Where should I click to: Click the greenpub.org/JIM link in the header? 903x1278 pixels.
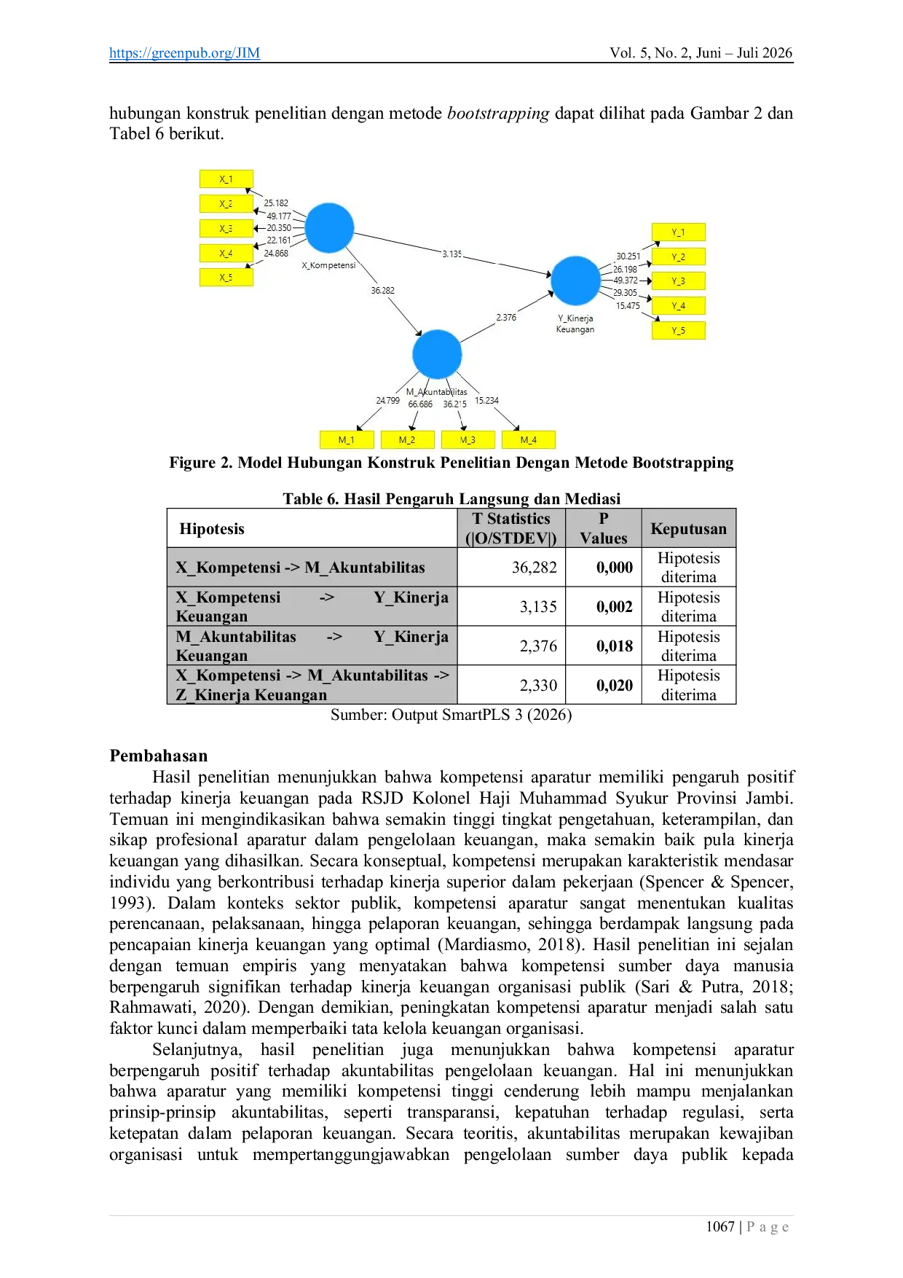184,52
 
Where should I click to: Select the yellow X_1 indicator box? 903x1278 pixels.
226,179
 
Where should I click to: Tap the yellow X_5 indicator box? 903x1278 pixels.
226,278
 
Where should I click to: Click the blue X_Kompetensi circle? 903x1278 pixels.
329,227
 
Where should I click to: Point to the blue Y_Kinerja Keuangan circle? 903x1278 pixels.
575,281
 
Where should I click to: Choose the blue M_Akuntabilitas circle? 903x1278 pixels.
437,354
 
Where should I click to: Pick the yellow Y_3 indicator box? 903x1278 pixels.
679,281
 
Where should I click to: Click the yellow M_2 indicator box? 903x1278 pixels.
407,440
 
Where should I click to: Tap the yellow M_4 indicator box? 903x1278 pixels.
529,440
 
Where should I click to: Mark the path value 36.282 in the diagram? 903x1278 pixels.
382,291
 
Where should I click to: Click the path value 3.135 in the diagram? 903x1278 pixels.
451,254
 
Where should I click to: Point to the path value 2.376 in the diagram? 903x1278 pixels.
506,318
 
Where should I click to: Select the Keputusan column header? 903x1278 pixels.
689,529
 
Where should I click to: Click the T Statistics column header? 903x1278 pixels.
511,528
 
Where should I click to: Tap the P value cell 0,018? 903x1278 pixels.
615,646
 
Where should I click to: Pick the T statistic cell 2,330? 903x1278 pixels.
538,686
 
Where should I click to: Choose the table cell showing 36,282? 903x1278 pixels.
535,568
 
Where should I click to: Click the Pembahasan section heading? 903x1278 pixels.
159,756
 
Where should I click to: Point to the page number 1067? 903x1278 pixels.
720,1227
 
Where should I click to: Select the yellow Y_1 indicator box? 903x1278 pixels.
679,232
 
